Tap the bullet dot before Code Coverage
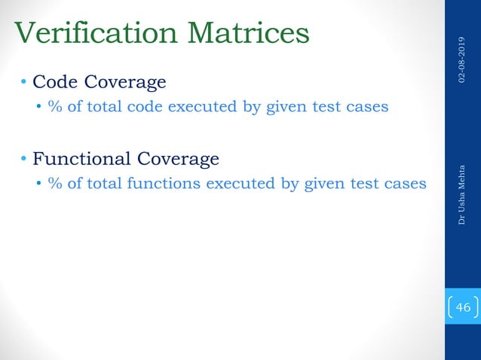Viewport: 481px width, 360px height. point(24,81)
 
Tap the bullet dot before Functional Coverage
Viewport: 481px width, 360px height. point(24,159)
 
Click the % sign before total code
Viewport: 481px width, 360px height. point(54,106)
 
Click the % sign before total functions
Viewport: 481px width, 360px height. point(54,183)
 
